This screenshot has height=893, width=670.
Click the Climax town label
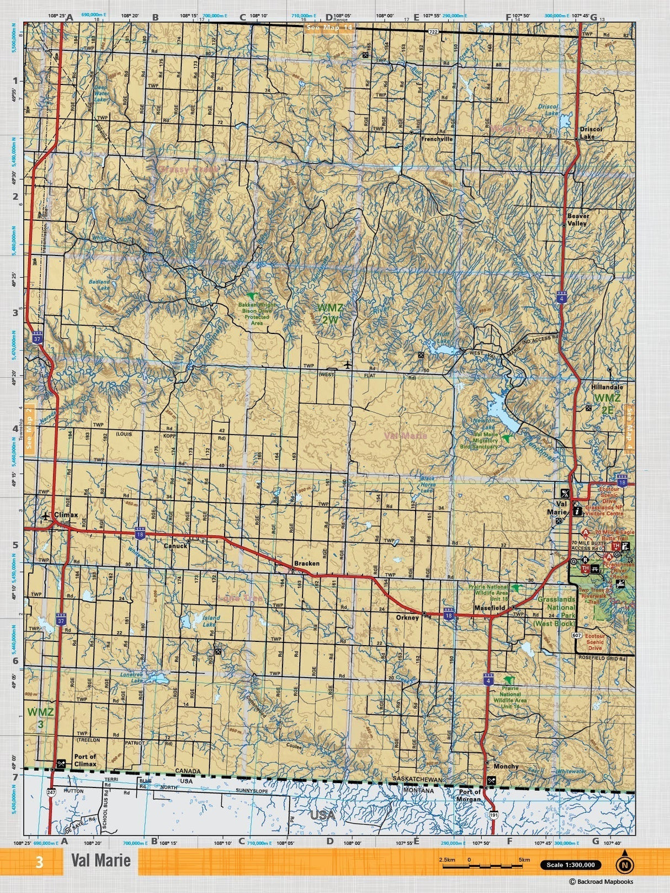click(66, 515)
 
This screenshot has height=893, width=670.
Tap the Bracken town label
click(306, 564)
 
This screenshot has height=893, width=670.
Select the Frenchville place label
click(437, 139)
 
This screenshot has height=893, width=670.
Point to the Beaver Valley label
click(578, 220)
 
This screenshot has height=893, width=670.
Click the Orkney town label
click(407, 618)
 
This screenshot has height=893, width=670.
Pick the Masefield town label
click(490, 608)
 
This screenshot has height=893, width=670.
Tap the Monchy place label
click(506, 766)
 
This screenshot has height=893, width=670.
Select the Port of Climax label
click(85, 760)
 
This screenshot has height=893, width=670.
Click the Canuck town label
click(176, 546)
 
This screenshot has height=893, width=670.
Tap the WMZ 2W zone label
click(329, 312)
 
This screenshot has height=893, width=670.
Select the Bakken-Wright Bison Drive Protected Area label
click(257, 313)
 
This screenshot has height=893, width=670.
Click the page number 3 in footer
click(39, 862)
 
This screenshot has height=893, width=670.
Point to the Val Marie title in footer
click(100, 861)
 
